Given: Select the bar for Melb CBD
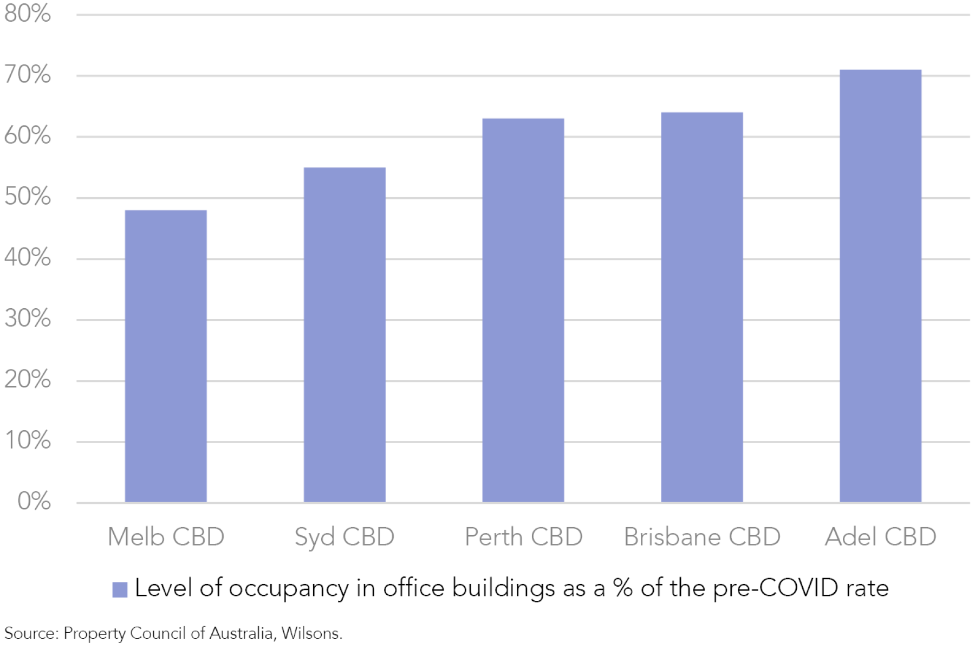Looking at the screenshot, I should pos(166,356).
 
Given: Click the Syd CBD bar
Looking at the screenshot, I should pos(344,335).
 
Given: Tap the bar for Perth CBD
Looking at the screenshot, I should pos(523,310).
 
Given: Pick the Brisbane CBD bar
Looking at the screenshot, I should pos(702,307).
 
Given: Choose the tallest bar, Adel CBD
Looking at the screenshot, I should pos(880,285).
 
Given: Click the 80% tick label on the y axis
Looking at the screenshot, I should pos(27,14).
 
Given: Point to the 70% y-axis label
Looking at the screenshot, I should pos(27,75).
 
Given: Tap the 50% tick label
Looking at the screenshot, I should pos(27,197).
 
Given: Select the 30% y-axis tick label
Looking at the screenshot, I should pos(27,319).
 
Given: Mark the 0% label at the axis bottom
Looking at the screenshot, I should pos(34,501).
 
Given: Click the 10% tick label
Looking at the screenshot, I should pos(27,440).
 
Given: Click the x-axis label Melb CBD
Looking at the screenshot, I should pos(166,537).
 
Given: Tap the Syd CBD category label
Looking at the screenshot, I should pos(344,537).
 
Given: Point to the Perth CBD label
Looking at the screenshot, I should pos(523,537).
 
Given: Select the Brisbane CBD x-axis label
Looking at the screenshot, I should pos(702,537).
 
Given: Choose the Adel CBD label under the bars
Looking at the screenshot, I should pos(880,537).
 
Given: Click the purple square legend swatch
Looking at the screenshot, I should pos(120,589).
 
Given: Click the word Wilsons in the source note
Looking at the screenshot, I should pos(311,633).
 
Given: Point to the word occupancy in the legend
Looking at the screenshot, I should pos(289,589).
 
